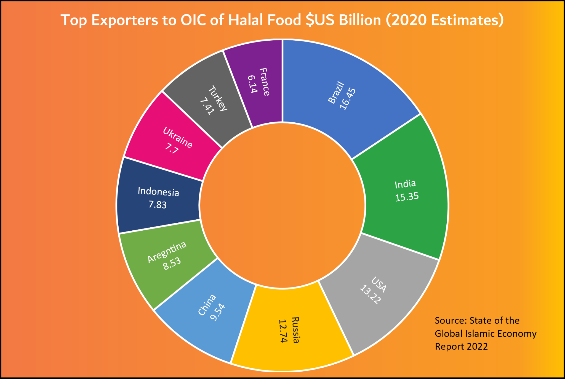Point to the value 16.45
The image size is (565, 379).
[348, 99]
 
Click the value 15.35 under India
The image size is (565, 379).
[407, 197]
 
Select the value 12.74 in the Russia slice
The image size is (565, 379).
[283, 331]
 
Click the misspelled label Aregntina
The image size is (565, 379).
[167, 252]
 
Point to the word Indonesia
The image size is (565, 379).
[158, 191]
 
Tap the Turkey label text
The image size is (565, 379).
[218, 98]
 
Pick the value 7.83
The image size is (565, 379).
[158, 205]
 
